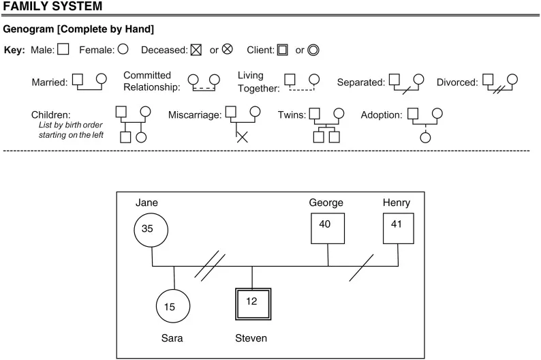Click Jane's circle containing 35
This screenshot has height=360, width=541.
[151, 229]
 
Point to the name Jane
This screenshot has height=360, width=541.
[146, 202]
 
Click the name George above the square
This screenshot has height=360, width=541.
[326, 202]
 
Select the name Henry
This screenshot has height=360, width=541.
[397, 202]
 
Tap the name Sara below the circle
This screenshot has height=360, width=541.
[172, 338]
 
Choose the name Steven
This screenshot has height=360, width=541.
[251, 338]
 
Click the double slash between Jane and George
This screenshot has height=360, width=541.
[210, 266]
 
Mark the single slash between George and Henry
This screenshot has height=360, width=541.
[360, 267]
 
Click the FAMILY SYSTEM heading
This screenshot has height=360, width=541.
[52, 7]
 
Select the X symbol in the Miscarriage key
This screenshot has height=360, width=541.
[242, 136]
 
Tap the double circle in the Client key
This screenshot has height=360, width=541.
[313, 50]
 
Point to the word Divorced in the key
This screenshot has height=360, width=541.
[457, 82]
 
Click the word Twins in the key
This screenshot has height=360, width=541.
[292, 115]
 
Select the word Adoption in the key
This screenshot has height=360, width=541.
[382, 115]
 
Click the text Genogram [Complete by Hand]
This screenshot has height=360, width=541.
[78, 29]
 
